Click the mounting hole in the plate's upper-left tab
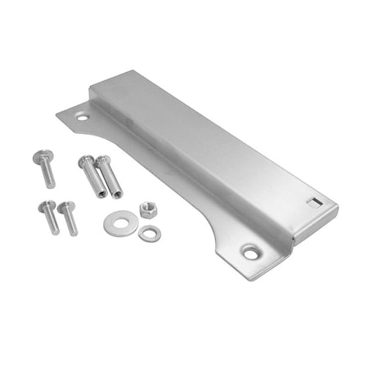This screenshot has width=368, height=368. tap(83, 118)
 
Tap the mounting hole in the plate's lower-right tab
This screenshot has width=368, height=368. tap(249, 253)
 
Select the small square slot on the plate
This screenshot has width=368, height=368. tap(312, 200)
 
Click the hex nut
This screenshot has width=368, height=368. tap(148, 210)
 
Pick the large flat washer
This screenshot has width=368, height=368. tap(119, 222)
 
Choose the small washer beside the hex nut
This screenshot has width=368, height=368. tap(149, 233)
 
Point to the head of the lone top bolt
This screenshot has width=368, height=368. tap(41, 157)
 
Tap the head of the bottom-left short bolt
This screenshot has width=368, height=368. tap(47, 206)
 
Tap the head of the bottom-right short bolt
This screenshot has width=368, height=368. tap(65, 208)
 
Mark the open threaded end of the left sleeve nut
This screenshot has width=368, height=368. tap(99, 192)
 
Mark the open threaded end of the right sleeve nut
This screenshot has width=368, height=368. tap(117, 194)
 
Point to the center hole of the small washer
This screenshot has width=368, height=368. tap(149, 233)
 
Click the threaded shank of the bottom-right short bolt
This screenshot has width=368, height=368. tap(71, 223)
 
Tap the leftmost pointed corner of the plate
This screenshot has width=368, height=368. tap(57, 112)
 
